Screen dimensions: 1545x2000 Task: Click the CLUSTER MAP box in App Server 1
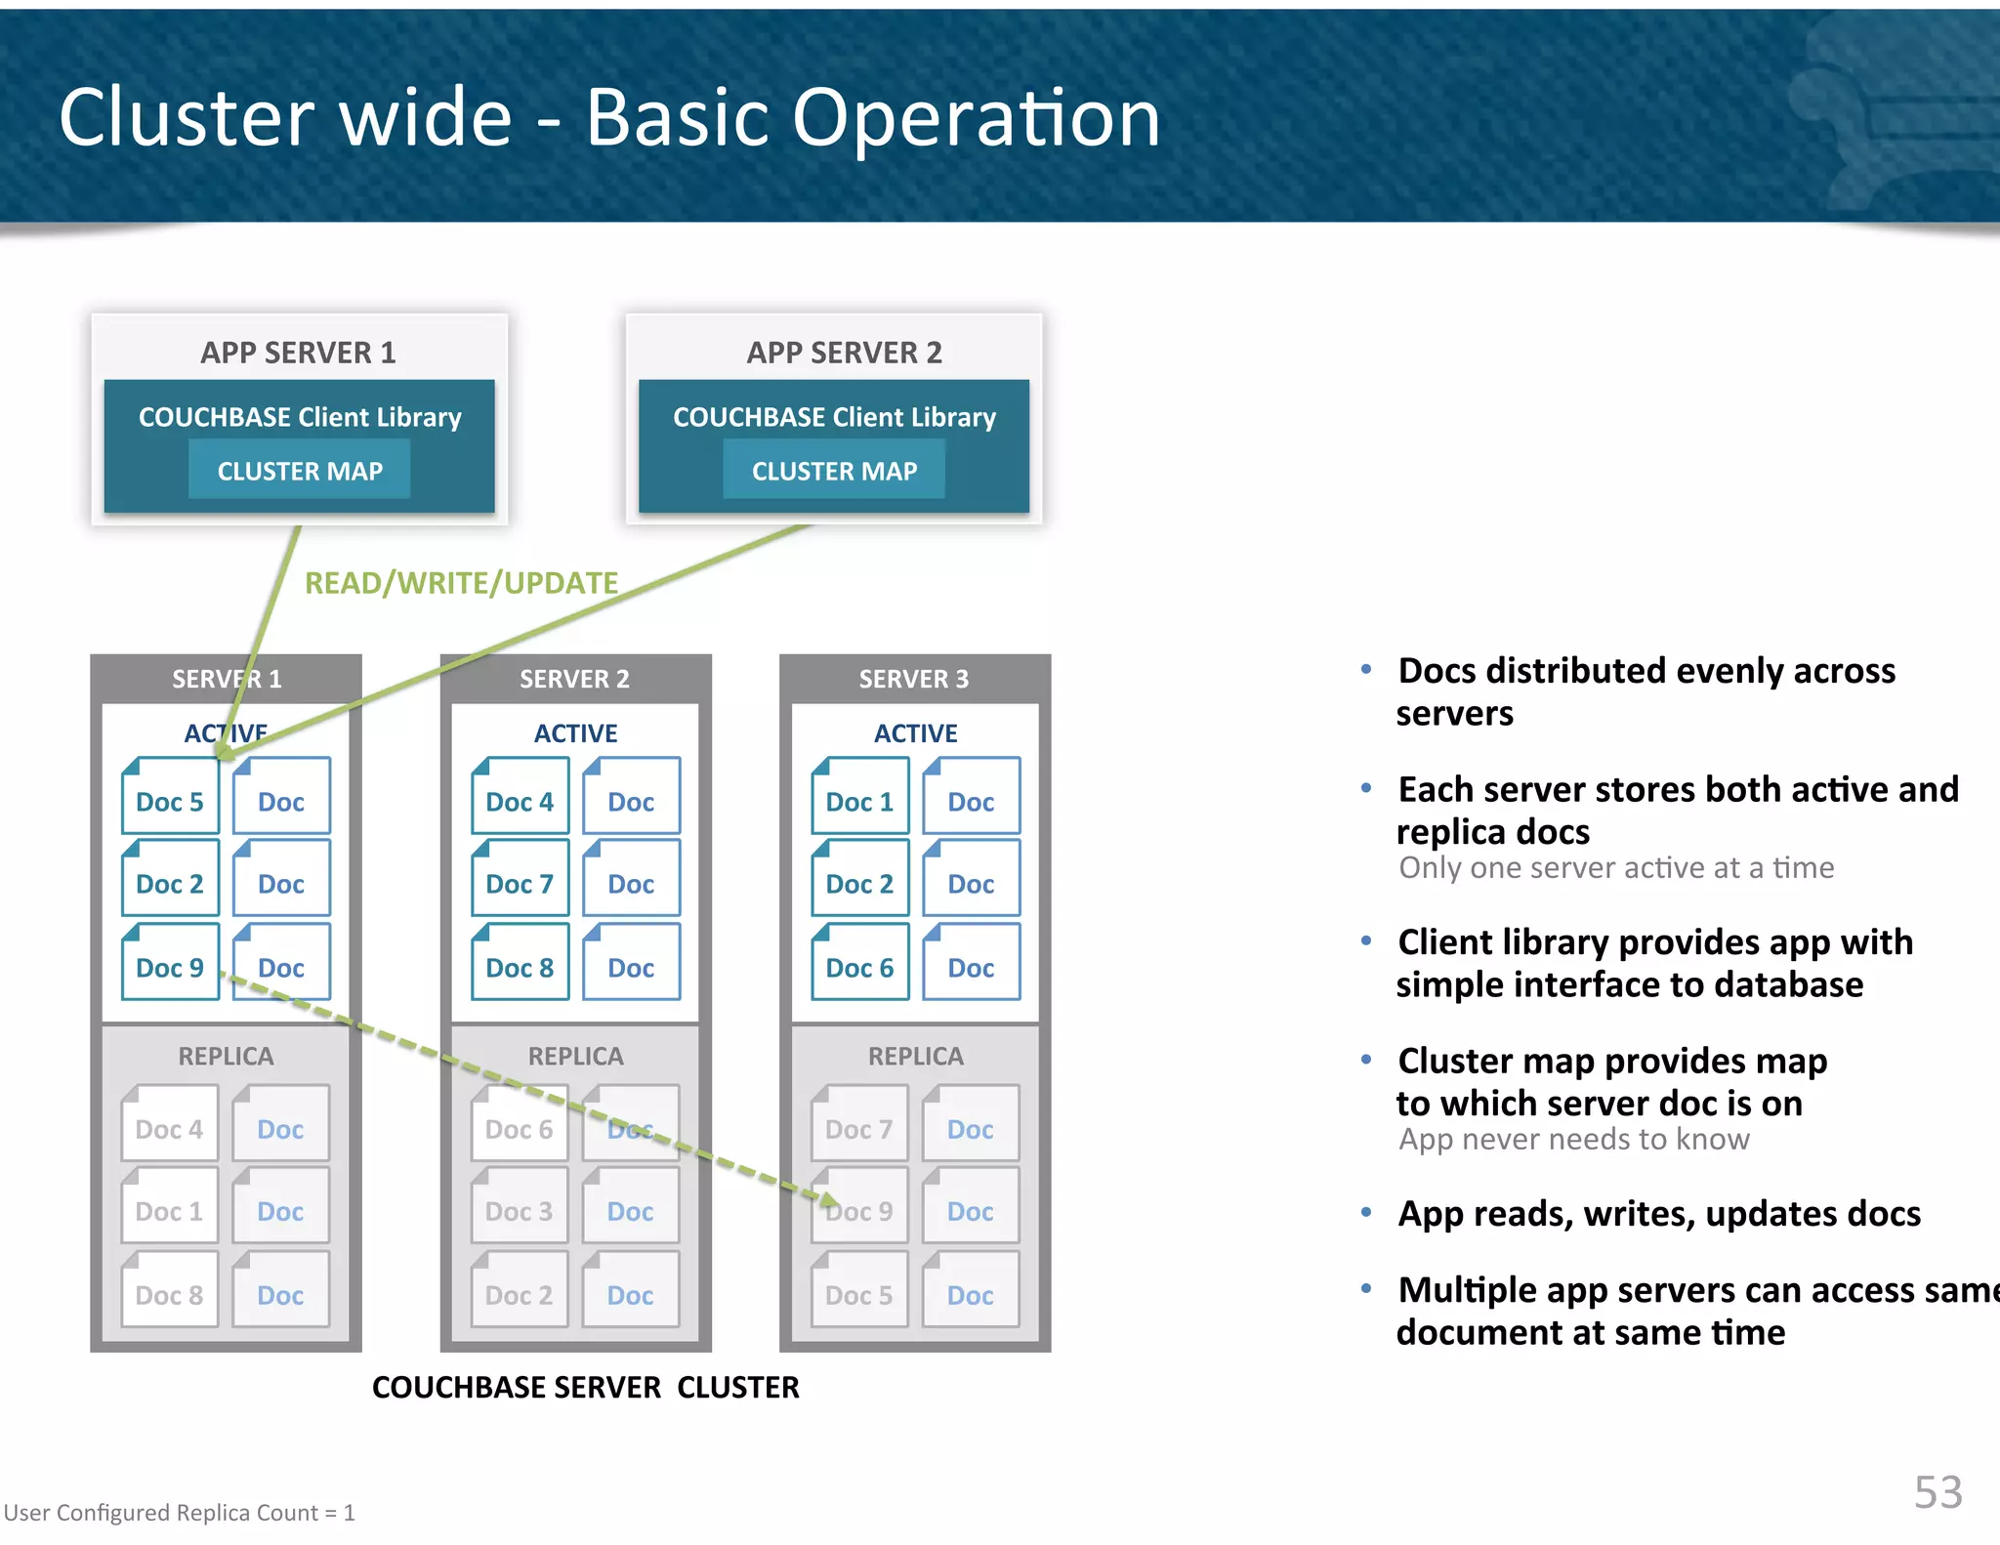pyautogui.click(x=299, y=470)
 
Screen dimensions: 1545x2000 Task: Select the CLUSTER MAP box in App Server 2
pyautogui.click(x=834, y=470)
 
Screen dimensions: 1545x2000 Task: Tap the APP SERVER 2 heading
pyautogui.click(x=844, y=352)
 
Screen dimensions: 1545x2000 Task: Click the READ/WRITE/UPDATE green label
pyautogui.click(x=461, y=583)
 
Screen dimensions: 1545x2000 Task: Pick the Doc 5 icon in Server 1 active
pyautogui.click(x=170, y=797)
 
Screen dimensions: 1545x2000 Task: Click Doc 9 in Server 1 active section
pyautogui.click(x=170, y=963)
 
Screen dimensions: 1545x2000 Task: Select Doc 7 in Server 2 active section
pyautogui.click(x=520, y=879)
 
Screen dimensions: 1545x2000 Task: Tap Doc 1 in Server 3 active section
pyautogui.click(x=859, y=797)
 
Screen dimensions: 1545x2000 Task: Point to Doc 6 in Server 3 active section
pyautogui.click(x=859, y=963)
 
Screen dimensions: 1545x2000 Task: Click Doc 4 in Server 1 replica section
pyautogui.click(x=169, y=1125)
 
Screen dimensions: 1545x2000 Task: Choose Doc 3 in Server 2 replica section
pyautogui.click(x=519, y=1207)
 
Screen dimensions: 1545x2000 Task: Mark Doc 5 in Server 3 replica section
pyautogui.click(x=858, y=1291)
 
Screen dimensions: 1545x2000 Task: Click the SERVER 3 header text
pyautogui.click(x=913, y=679)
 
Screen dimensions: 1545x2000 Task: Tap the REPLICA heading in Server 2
pyautogui.click(x=575, y=1056)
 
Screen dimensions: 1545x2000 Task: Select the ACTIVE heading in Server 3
pyautogui.click(x=915, y=732)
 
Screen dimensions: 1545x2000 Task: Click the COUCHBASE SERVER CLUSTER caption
pyautogui.click(x=585, y=1387)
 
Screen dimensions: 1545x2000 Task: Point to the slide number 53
pyautogui.click(x=1937, y=1491)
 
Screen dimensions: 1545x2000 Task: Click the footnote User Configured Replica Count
pyautogui.click(x=179, y=1512)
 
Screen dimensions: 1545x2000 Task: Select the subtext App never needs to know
pyautogui.click(x=1573, y=1139)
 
